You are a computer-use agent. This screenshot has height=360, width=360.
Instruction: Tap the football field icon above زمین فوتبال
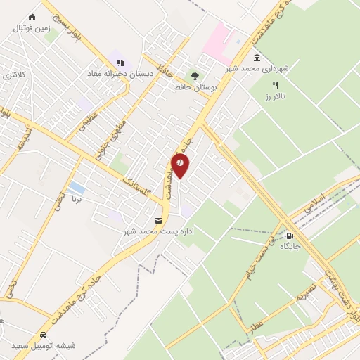pyautogui.click(x=32, y=18)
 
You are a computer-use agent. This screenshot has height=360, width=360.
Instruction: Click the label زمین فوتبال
pyautogui.click(x=31, y=29)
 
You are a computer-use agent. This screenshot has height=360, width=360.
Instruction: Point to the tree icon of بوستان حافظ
pyautogui.click(x=195, y=76)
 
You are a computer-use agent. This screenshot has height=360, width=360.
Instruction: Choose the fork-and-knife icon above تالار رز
pyautogui.click(x=275, y=84)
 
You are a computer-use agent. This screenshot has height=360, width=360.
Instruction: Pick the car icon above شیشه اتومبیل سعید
pyautogui.click(x=44, y=335)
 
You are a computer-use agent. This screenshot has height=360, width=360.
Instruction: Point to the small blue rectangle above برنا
pyautogui.click(x=77, y=188)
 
